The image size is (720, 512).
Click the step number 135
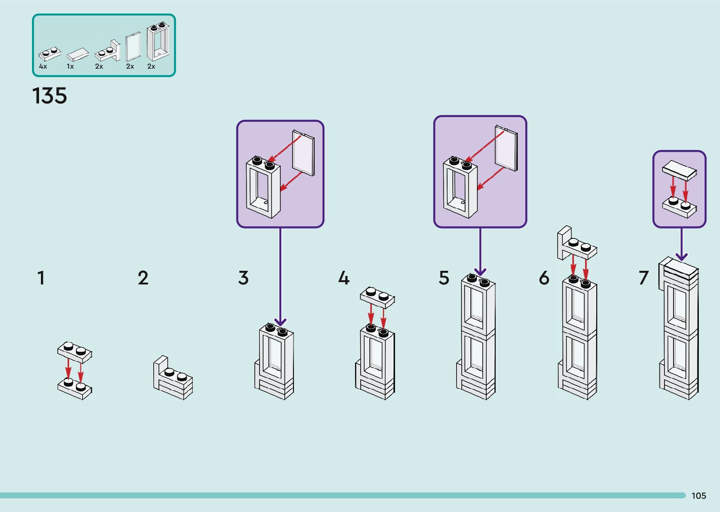pos(50,96)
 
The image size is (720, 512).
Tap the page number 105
pos(698,496)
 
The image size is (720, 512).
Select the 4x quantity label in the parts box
pos(43,66)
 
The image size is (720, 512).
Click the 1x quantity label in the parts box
pos(70,66)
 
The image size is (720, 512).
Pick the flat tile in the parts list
pos(78,55)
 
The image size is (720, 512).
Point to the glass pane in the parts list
pos(134,47)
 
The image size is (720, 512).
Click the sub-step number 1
pos(41,278)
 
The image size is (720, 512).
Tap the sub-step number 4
pos(344,278)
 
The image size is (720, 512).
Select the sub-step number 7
pos(643,278)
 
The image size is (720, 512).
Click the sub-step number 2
pos(143,278)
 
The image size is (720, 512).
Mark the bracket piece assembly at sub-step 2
pos(173,378)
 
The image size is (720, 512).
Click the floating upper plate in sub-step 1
pos(75,352)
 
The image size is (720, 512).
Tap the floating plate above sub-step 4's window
pos(377,297)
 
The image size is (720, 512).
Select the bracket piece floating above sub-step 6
pos(576,244)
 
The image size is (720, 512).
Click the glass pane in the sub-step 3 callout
pos(303,153)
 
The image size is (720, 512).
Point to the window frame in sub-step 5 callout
pos(460,188)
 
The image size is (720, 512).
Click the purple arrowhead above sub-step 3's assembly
pos(280,322)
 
